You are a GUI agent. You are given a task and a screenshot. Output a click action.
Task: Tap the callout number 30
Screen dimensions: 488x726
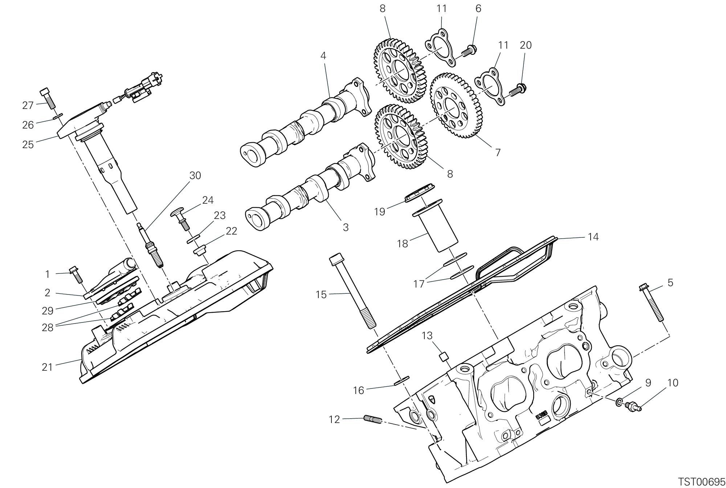click(x=195, y=176)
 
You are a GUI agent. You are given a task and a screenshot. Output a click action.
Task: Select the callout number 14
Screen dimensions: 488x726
click(x=593, y=237)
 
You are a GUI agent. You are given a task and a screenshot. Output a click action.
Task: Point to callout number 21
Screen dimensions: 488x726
click(x=48, y=367)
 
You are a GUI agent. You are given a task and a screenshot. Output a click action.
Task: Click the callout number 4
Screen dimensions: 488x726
click(x=323, y=56)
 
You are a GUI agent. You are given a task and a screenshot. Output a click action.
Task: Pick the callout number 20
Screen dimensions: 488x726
click(x=526, y=45)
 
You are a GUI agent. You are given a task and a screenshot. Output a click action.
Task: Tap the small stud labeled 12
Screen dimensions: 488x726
click(x=372, y=420)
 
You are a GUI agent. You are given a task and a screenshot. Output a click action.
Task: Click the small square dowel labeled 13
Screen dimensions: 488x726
click(x=443, y=356)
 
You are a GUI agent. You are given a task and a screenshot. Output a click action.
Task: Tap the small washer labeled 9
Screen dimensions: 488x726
click(x=619, y=402)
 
